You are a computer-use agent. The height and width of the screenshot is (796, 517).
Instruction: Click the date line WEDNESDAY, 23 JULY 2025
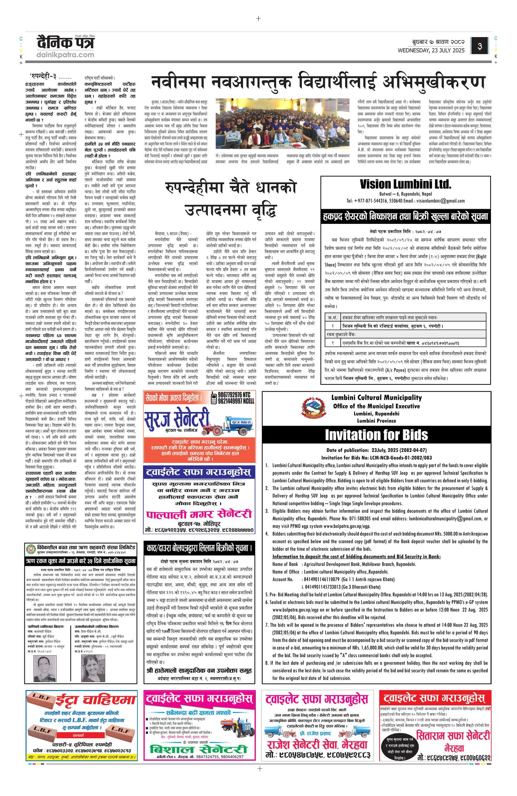point(431,50)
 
